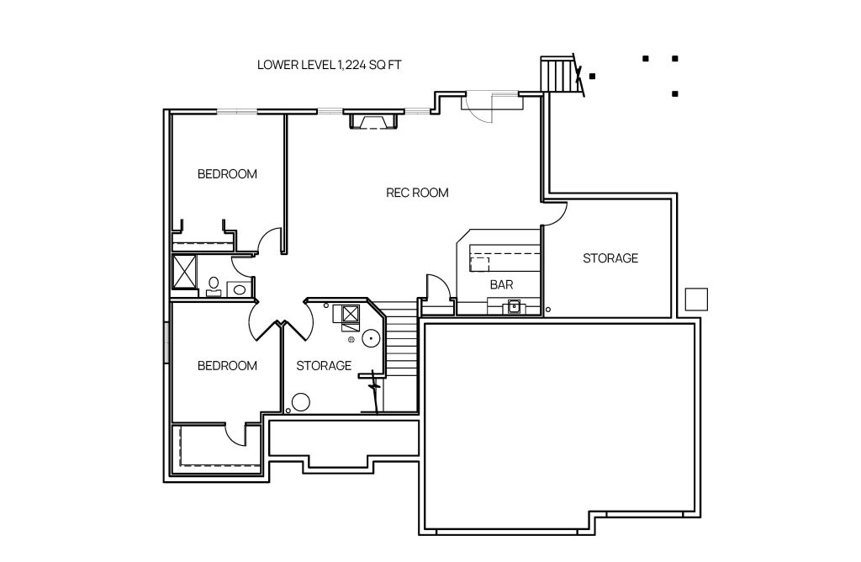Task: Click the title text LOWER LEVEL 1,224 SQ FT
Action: (329, 65)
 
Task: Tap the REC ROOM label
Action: (417, 193)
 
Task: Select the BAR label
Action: (501, 284)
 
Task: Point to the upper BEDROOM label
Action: (227, 174)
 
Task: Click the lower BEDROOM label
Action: (227, 366)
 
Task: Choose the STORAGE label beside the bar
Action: (610, 258)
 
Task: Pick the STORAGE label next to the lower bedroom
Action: (324, 366)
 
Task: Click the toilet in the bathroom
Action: (213, 286)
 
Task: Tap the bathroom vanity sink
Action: (239, 289)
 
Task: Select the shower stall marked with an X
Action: (185, 272)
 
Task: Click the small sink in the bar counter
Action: (514, 306)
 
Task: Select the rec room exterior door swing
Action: (478, 108)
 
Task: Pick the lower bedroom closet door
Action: (235, 434)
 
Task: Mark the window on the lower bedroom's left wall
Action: (166, 342)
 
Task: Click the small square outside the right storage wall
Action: (696, 300)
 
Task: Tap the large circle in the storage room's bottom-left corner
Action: (300, 403)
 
